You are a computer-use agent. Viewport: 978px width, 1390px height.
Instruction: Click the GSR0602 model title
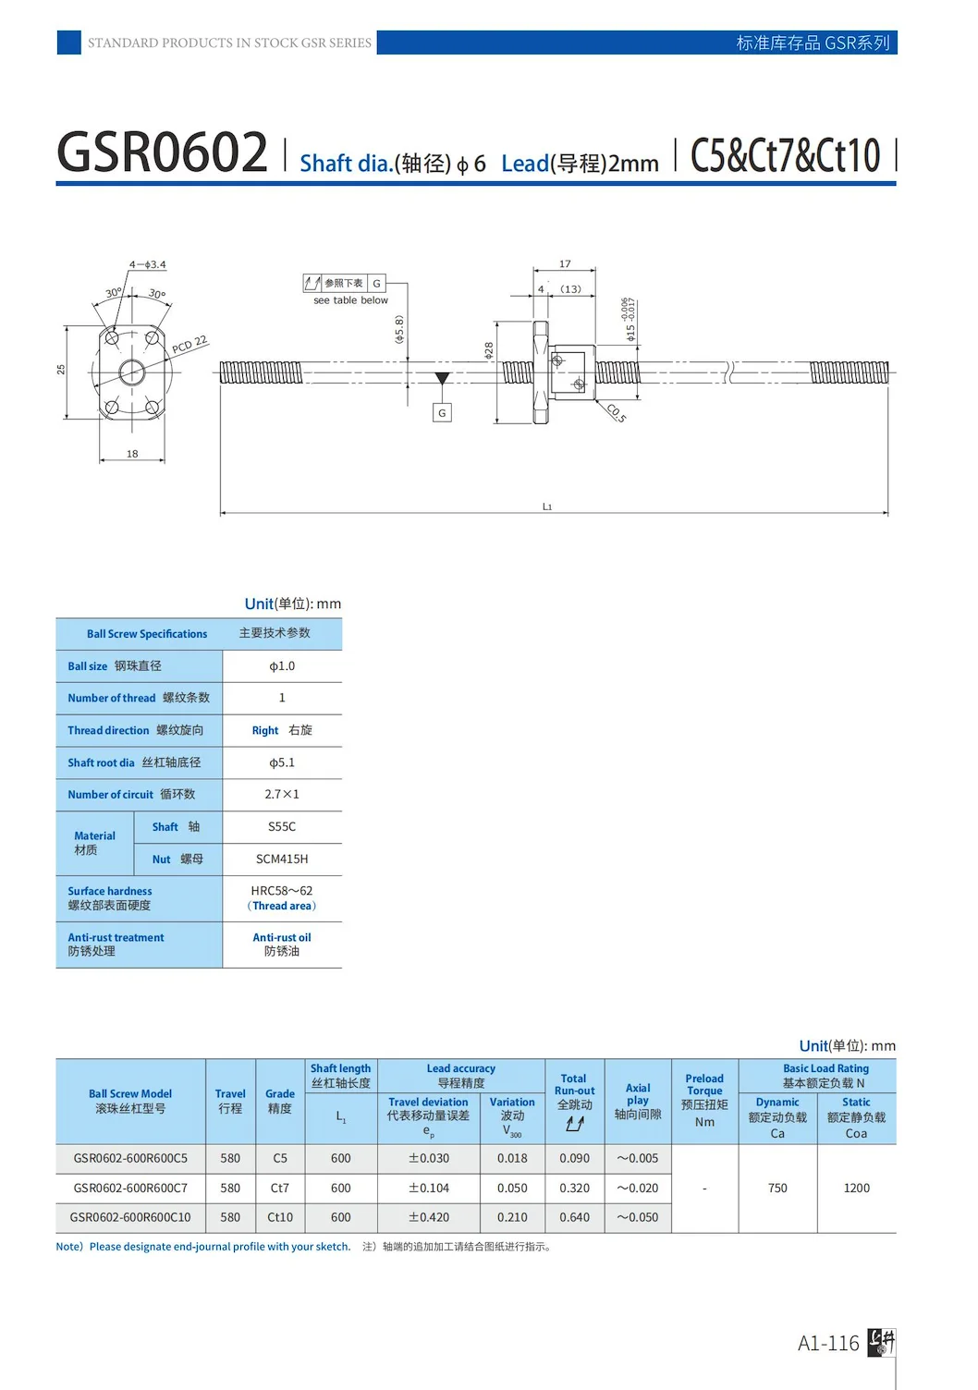[163, 152]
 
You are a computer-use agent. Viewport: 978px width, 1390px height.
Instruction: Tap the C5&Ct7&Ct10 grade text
[785, 155]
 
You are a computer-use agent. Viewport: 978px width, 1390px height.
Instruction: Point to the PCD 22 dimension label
[189, 346]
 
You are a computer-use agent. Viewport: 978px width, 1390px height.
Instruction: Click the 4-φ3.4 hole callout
[148, 264]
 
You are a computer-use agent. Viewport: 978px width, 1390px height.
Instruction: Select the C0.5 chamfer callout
[617, 412]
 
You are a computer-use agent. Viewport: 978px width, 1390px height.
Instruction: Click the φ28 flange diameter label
[489, 350]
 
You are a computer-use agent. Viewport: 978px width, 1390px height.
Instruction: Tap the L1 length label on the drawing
[547, 506]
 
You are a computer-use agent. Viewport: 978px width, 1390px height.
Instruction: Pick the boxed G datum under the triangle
[442, 413]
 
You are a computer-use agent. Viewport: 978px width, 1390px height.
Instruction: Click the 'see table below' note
[350, 300]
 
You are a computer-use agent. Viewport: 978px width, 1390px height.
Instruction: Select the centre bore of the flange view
[132, 372]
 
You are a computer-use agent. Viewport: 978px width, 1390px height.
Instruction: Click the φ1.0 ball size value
[282, 666]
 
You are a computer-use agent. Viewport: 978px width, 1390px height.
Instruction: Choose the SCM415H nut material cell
[282, 860]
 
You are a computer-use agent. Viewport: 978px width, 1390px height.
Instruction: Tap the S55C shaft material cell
[282, 827]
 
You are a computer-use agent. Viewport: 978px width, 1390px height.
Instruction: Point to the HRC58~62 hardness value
[282, 891]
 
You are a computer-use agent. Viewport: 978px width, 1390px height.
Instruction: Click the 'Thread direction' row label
[108, 730]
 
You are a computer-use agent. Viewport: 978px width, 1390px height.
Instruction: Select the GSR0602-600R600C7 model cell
[130, 1188]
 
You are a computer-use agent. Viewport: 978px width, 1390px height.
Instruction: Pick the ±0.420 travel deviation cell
[429, 1217]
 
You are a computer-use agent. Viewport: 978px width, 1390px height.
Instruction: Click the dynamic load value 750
[777, 1188]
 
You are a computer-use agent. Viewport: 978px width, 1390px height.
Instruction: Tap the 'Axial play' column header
[638, 1101]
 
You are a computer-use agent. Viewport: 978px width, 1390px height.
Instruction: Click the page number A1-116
[828, 1343]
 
